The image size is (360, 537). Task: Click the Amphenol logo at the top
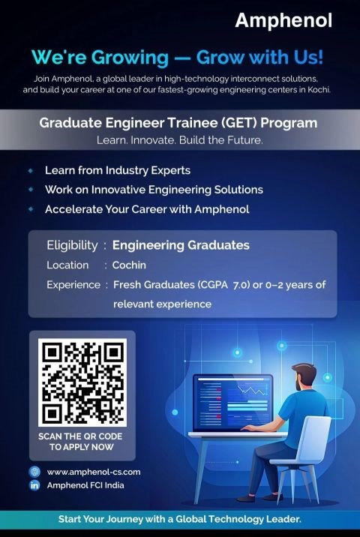pos(283,21)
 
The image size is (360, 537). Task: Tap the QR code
pos(82,382)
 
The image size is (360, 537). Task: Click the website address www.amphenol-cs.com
pos(94,472)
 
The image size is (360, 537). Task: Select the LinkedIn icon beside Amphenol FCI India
pos(34,485)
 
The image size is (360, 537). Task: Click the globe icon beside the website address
pos(34,472)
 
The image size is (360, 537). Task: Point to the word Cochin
pos(129,265)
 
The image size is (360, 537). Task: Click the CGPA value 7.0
pos(241,285)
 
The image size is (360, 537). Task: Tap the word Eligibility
pos(72,245)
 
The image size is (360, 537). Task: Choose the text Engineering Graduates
pos(181,245)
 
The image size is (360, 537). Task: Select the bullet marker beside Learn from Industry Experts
pos(31,170)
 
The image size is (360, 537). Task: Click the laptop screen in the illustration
pos(233,403)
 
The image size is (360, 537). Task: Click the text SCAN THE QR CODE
pos(80,436)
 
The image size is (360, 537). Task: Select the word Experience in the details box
pos(73,285)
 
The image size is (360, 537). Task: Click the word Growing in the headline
pos(130,57)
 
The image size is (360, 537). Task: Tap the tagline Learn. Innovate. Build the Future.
pos(180,140)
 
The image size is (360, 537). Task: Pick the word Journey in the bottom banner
pos(124,520)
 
